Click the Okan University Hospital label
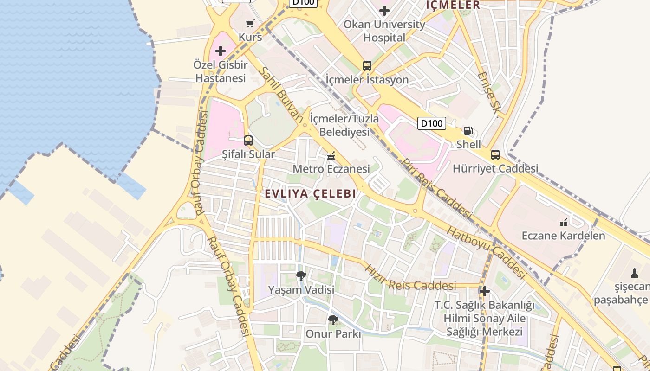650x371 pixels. pyautogui.click(x=384, y=31)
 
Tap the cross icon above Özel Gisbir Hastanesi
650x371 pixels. pyautogui.click(x=221, y=51)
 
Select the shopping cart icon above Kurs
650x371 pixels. pyautogui.click(x=250, y=23)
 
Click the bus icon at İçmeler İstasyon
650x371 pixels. pyautogui.click(x=367, y=66)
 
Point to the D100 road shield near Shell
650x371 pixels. pyautogui.click(x=432, y=123)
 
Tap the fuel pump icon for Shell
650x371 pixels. pyautogui.click(x=468, y=131)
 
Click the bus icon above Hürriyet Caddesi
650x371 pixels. pyautogui.click(x=495, y=155)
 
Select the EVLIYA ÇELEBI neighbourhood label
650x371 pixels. pyautogui.click(x=311, y=194)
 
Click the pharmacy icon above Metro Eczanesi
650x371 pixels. pyautogui.click(x=331, y=156)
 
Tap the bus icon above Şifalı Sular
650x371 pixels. pyautogui.click(x=248, y=141)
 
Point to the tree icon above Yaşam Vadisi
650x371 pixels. pyautogui.click(x=301, y=276)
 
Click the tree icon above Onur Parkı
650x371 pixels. pyautogui.click(x=333, y=320)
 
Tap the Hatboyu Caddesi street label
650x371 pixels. pyautogui.click(x=486, y=253)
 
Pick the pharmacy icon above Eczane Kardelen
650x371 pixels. pyautogui.click(x=564, y=222)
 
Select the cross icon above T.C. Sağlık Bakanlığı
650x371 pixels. pyautogui.click(x=485, y=291)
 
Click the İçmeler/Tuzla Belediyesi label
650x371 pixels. pyautogui.click(x=344, y=125)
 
